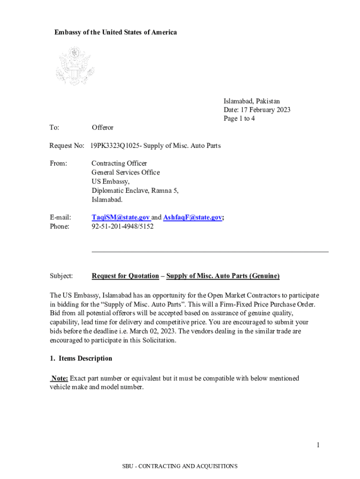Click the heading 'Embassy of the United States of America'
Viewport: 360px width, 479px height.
point(115,32)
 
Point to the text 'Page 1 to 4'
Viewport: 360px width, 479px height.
point(239,119)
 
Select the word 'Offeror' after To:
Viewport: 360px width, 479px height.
point(102,128)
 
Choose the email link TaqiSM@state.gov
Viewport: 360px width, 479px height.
point(121,218)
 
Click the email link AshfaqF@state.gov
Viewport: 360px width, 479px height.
point(192,218)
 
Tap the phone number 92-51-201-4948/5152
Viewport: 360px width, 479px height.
point(122,226)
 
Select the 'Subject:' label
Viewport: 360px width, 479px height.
point(61,276)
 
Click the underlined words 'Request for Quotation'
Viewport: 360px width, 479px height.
point(125,276)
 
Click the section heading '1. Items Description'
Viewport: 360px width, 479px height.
point(81,359)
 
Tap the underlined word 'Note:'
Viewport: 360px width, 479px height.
point(59,378)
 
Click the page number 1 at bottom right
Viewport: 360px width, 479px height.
point(317,445)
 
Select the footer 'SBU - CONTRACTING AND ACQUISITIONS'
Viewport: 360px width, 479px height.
point(180,466)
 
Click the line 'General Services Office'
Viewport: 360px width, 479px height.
point(125,173)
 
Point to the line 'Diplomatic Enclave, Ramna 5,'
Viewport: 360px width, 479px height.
point(135,190)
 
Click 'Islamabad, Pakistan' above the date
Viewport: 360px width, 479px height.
point(252,101)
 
